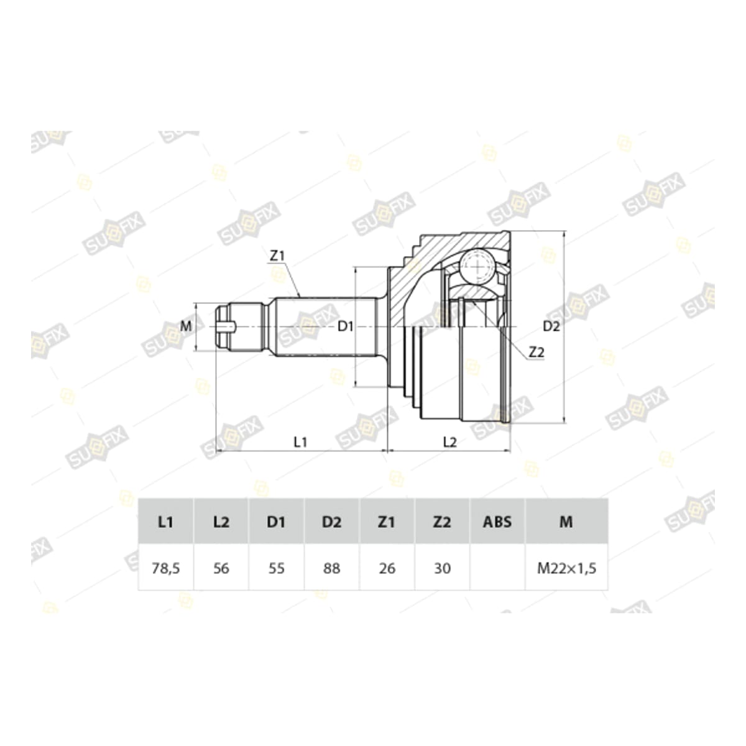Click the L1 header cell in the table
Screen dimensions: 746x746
point(166,522)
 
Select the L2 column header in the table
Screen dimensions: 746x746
point(221,522)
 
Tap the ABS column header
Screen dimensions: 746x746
point(497,522)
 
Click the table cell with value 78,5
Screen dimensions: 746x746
point(166,568)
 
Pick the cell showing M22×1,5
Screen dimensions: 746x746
point(566,568)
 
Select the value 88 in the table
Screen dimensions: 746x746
point(331,568)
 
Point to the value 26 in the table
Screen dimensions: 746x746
point(387,568)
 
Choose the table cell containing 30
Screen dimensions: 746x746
point(442,568)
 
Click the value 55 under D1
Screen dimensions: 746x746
point(277,568)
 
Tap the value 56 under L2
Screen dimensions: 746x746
point(221,568)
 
